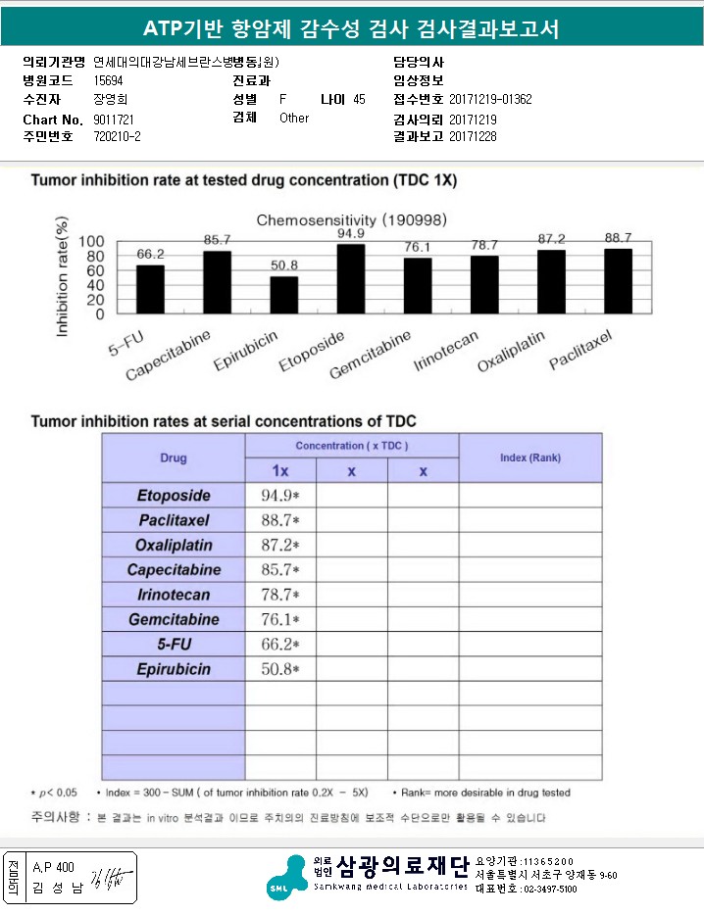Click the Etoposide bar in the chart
click(x=351, y=279)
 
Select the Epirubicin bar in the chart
click(x=283, y=295)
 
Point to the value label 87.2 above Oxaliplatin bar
click(x=551, y=239)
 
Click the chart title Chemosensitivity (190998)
click(x=337, y=219)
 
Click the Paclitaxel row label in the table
click(x=174, y=520)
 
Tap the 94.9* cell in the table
click(x=279, y=496)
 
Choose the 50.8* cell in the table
click(x=279, y=669)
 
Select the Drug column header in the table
click(x=174, y=457)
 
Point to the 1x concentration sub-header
click(x=279, y=470)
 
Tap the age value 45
click(x=359, y=100)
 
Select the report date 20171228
click(x=473, y=137)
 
